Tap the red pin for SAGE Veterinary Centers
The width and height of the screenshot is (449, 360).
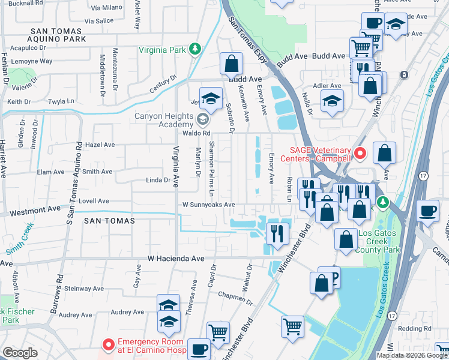360,154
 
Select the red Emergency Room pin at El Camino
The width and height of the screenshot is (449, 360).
108,345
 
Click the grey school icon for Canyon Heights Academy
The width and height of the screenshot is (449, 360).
202,119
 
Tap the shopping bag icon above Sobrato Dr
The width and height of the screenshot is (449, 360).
231,63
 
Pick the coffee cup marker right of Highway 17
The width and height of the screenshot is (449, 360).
427,210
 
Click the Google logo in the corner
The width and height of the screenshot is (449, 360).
20,353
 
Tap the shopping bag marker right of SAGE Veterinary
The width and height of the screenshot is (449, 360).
384,154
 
